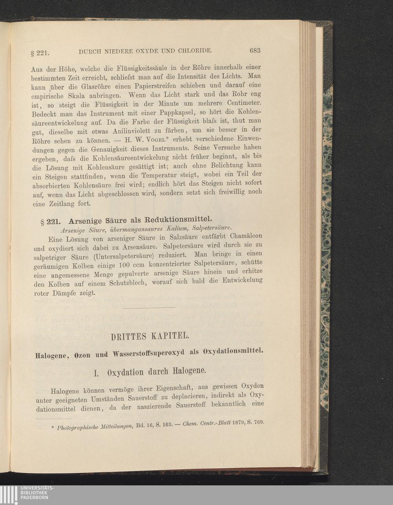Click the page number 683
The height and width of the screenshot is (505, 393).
255,51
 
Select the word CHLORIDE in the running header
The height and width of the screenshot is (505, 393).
195,51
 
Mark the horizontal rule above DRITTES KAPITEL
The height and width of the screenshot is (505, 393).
149,308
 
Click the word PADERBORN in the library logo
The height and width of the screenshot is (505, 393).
35,497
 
